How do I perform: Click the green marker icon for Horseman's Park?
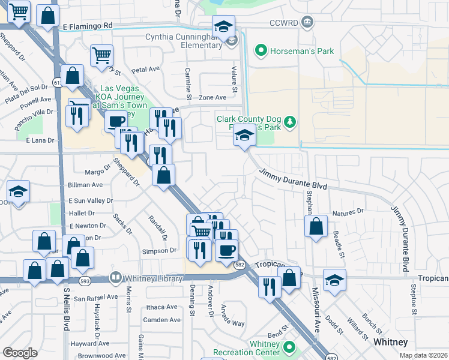tap(261, 51)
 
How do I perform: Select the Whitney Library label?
tap(149, 278)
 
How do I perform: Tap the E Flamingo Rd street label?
tap(87, 26)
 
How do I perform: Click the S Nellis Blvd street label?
tap(66, 308)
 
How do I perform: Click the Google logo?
tap(20, 353)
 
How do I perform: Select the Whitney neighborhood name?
tap(390, 342)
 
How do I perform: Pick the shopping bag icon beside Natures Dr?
tap(316, 227)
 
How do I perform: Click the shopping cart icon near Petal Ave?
tap(102, 55)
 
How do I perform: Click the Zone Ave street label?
tap(212, 97)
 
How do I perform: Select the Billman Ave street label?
tap(85, 185)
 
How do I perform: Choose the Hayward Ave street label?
tap(89, 344)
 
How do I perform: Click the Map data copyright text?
tap(423, 355)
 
